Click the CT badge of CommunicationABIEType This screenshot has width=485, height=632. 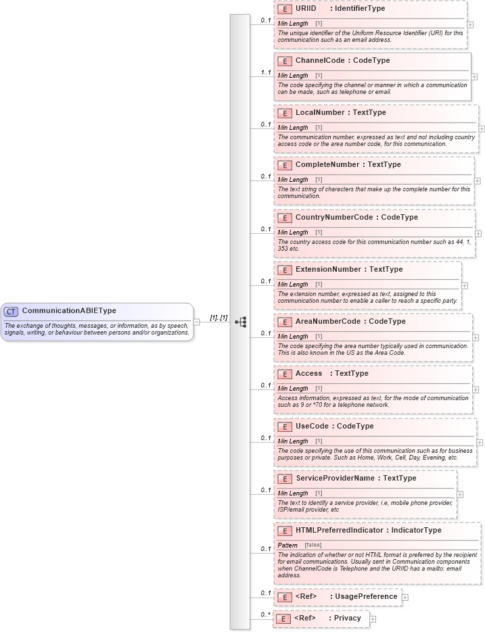[x=11, y=312]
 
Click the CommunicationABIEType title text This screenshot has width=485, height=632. [x=69, y=311]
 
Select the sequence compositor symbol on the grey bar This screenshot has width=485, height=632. [x=240, y=322]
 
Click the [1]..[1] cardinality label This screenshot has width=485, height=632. [x=218, y=318]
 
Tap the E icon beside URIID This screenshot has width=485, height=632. [x=285, y=9]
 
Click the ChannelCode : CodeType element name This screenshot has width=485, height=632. [x=342, y=61]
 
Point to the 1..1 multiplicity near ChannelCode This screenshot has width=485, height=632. [x=266, y=72]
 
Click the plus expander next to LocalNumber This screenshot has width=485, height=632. [x=482, y=128]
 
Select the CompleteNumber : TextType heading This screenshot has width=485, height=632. [x=348, y=165]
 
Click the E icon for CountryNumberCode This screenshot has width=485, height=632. [x=285, y=218]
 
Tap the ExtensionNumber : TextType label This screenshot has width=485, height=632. [x=348, y=270]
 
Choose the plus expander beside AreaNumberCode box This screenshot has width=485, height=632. [x=476, y=337]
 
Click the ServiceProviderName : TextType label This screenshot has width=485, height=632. [x=356, y=479]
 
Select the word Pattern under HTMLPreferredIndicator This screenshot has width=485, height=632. [x=287, y=545]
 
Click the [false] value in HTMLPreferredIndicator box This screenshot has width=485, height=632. [x=313, y=545]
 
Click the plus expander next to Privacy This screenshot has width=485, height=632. [x=373, y=618]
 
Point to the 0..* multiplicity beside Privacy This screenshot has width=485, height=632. [x=266, y=614]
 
